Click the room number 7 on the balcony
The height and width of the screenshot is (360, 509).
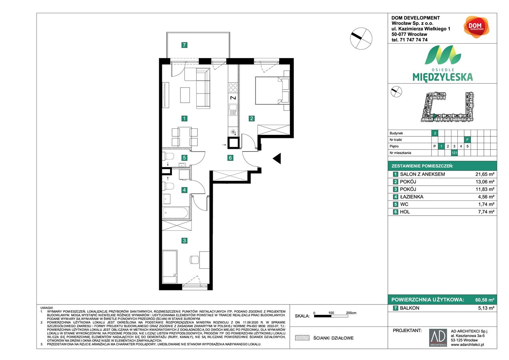pyautogui.click(x=184, y=45)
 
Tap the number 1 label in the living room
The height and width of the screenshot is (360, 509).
pyautogui.click(x=184, y=118)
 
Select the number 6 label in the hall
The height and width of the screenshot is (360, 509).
pyautogui.click(x=230, y=158)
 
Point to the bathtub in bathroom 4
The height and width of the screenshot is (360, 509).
pyautogui.click(x=176, y=213)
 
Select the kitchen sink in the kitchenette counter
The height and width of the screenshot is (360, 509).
pyautogui.click(x=233, y=108)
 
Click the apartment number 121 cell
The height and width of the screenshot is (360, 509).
pyautogui.click(x=454, y=153)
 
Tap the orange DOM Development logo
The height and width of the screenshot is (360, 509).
pyautogui.click(x=475, y=27)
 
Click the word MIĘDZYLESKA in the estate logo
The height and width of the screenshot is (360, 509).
pyautogui.click(x=443, y=77)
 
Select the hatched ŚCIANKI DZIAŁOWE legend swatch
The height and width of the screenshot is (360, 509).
pyautogui.click(x=303, y=338)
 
